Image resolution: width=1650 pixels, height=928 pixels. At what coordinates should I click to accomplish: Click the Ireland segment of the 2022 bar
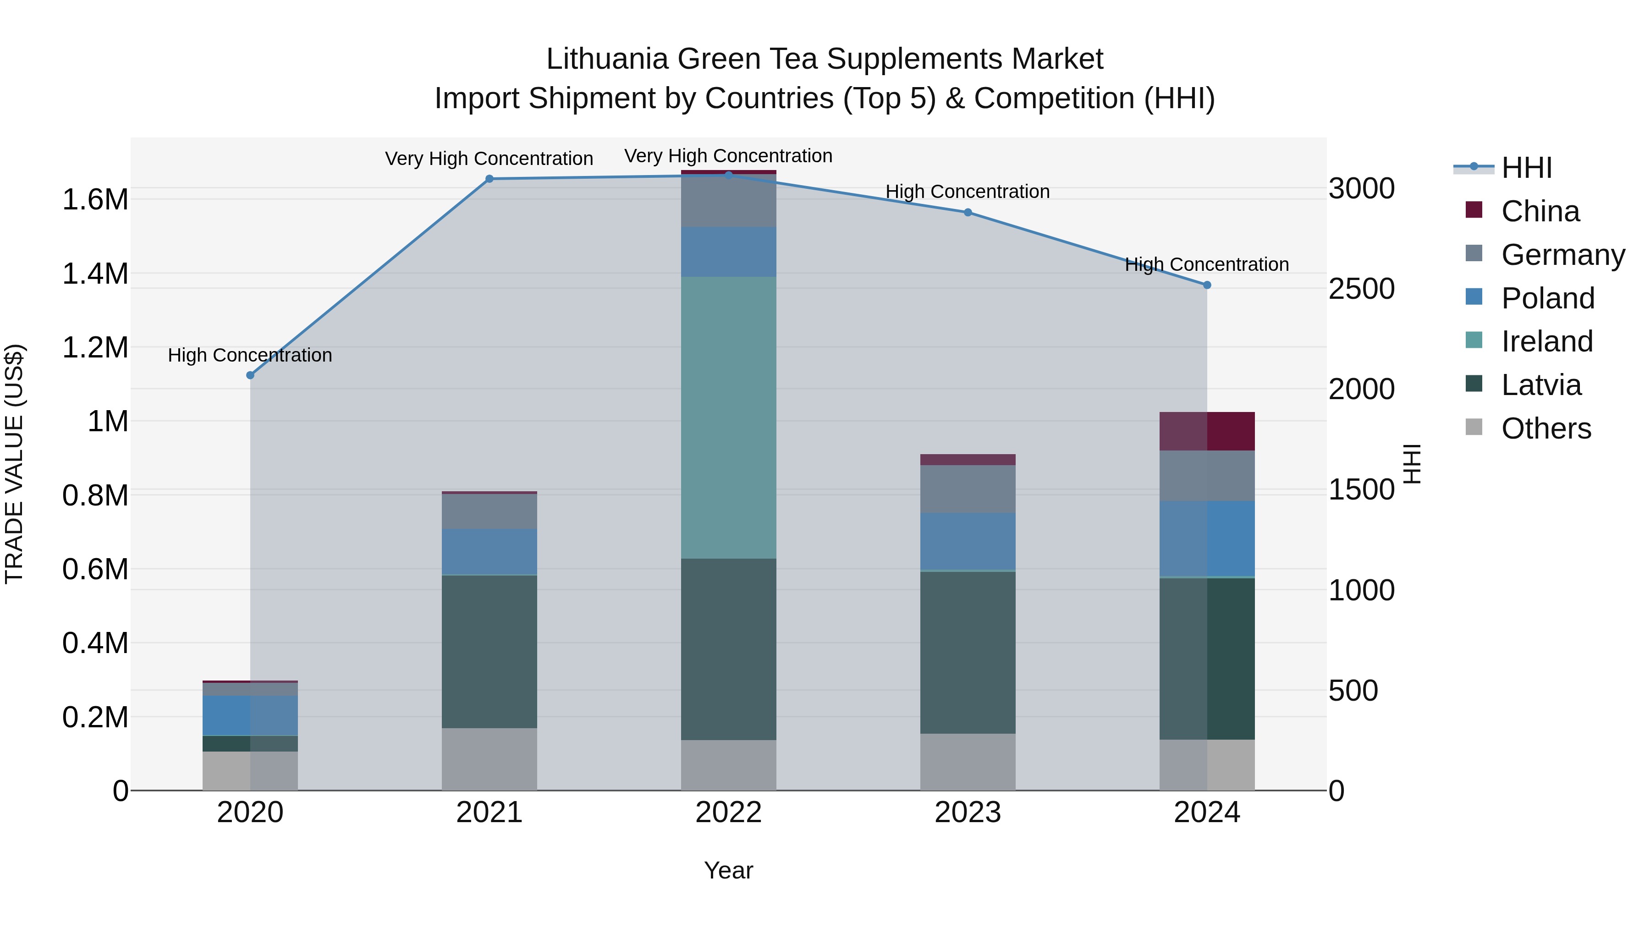[x=728, y=417]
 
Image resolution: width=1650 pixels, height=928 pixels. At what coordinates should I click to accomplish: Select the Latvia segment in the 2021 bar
[x=489, y=651]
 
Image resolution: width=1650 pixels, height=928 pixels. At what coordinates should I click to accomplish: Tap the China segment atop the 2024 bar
[x=1207, y=431]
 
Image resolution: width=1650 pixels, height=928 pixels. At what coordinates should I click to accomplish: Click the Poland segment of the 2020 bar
[x=250, y=715]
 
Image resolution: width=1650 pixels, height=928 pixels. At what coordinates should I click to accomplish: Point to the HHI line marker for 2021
[x=489, y=179]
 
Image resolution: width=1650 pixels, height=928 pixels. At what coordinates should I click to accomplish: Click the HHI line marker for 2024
[x=1207, y=285]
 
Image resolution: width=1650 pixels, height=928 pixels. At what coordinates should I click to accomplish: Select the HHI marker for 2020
[x=250, y=375]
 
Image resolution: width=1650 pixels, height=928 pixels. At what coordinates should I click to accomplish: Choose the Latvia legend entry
[x=1540, y=385]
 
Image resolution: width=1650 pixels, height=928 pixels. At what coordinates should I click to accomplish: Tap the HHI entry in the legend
[x=1526, y=168]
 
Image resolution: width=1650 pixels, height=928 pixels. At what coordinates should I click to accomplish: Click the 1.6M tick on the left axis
[x=95, y=200]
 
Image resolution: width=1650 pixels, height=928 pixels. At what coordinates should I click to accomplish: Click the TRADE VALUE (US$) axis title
[x=14, y=464]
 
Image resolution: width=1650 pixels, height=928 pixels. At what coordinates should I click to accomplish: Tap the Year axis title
[x=728, y=870]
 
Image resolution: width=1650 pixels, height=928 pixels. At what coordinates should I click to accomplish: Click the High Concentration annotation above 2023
[x=967, y=192]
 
